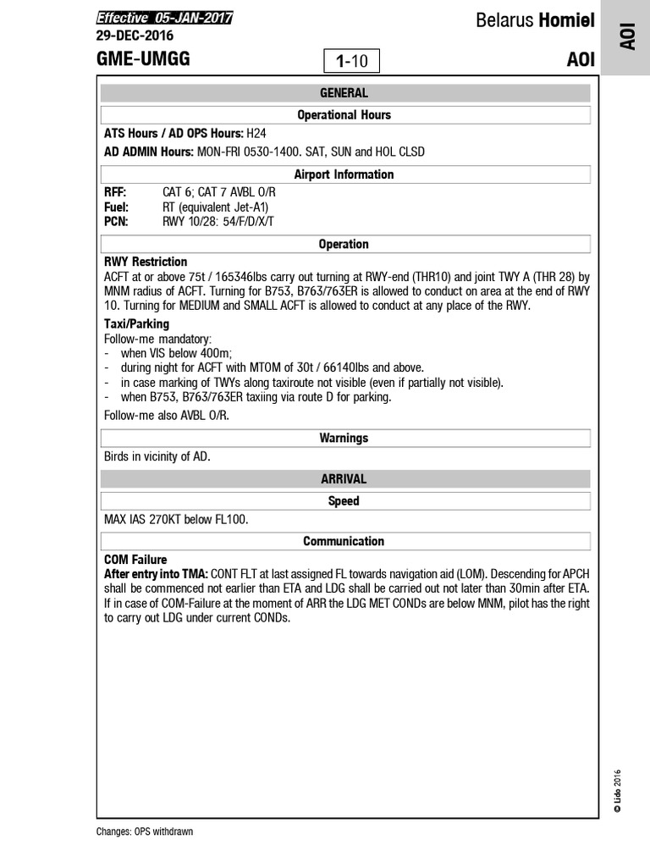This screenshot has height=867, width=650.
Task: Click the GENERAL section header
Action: (344, 93)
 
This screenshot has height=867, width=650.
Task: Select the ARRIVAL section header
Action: (344, 479)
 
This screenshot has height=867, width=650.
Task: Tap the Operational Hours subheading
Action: (344, 114)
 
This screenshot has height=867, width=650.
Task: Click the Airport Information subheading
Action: (344, 174)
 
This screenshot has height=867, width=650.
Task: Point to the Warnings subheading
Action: (344, 439)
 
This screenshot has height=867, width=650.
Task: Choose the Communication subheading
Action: (344, 541)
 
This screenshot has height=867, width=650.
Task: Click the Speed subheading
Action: (344, 501)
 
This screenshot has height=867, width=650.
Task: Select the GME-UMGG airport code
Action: (143, 59)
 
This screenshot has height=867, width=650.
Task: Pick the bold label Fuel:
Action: (116, 207)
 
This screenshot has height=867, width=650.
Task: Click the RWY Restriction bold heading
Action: (146, 262)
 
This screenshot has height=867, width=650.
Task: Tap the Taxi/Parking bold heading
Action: (136, 323)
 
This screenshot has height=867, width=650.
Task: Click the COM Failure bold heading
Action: (135, 560)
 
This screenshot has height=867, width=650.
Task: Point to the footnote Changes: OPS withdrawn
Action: (145, 831)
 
